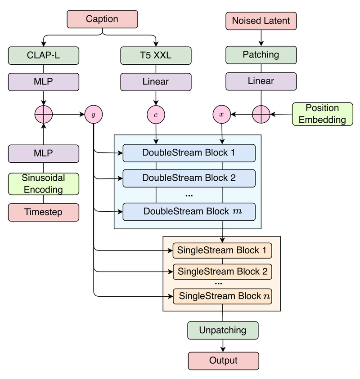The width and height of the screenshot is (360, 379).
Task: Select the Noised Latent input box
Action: [x=261, y=20]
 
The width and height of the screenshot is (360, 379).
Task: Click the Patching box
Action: [x=261, y=55]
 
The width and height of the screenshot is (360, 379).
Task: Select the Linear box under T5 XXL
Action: [x=156, y=82]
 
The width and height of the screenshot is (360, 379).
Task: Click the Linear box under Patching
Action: [x=261, y=81]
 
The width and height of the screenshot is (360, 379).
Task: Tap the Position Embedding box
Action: [x=322, y=114]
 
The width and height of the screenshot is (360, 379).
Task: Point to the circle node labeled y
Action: [x=94, y=115]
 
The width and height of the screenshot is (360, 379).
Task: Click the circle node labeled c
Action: [x=156, y=115]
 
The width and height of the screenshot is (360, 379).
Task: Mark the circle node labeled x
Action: [x=221, y=115]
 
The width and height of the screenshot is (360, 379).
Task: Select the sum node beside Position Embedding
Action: [x=261, y=115]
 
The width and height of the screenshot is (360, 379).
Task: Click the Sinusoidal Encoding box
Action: [x=43, y=183]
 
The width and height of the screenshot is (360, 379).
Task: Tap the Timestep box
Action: [x=43, y=212]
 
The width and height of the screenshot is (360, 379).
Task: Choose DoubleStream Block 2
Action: [x=189, y=178]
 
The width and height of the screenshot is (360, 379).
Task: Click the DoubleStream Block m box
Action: [x=189, y=211]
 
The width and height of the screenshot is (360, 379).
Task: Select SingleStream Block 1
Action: [x=223, y=250]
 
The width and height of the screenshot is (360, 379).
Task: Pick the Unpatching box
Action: [x=223, y=330]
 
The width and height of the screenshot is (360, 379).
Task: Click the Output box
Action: [x=223, y=361]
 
